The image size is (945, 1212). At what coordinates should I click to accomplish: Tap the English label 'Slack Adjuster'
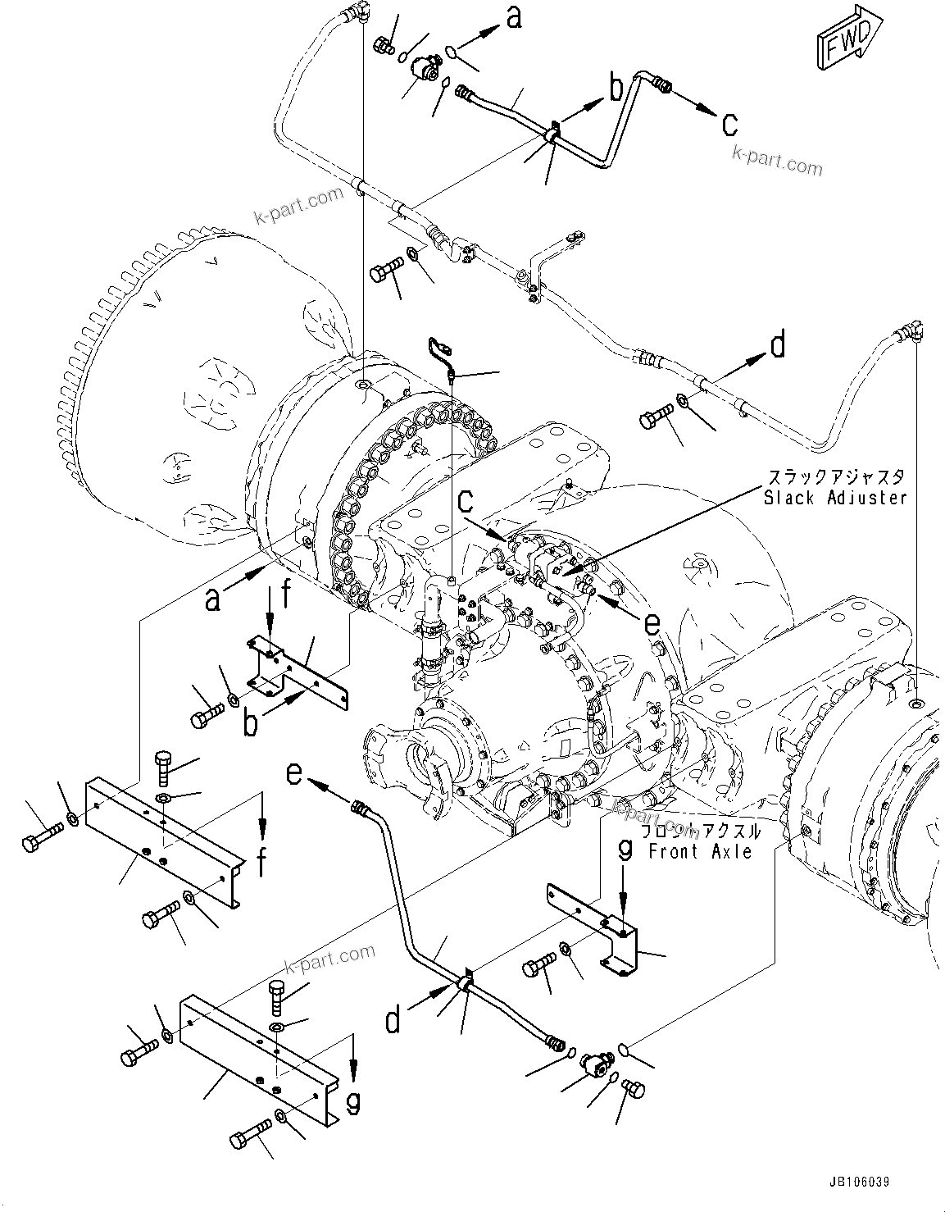coord(835,498)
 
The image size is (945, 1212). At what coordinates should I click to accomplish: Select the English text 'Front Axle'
coord(700,852)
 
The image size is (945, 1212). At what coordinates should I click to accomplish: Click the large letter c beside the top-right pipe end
coord(729,123)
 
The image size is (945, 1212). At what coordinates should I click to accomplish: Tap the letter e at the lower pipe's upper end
coord(296,772)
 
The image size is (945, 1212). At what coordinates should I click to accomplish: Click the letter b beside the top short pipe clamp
coord(615,87)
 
